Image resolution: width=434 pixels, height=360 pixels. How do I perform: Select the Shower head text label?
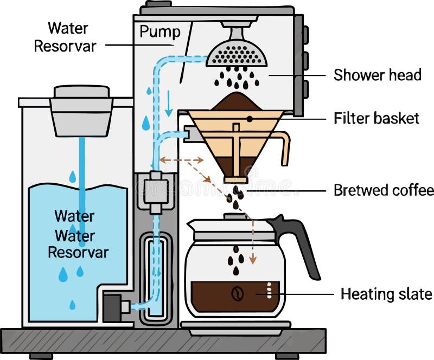tap(377, 75)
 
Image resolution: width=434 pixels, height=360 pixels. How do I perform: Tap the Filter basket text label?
tap(376, 118)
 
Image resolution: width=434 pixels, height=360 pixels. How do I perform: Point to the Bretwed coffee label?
tap(384, 191)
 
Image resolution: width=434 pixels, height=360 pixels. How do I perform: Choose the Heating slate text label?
tap(386, 294)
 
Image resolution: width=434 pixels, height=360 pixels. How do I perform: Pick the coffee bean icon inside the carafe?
tap(238, 294)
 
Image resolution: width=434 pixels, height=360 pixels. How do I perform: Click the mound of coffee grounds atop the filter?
tap(235, 101)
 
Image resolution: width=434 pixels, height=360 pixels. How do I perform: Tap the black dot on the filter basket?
tap(249, 118)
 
